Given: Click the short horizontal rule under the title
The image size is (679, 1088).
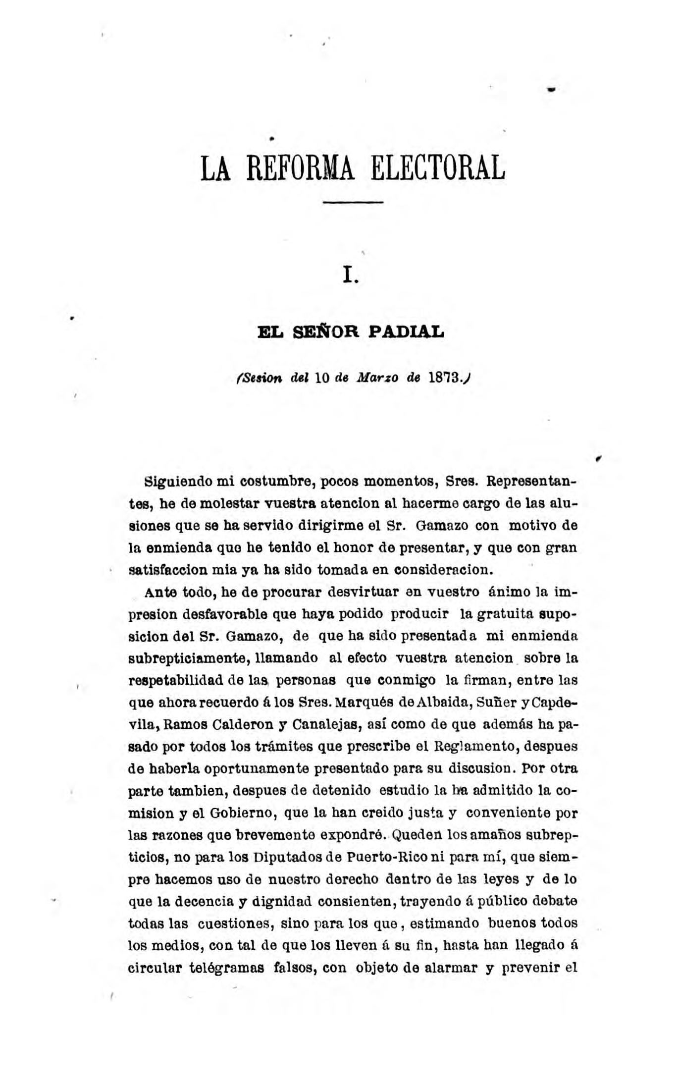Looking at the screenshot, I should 353,202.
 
